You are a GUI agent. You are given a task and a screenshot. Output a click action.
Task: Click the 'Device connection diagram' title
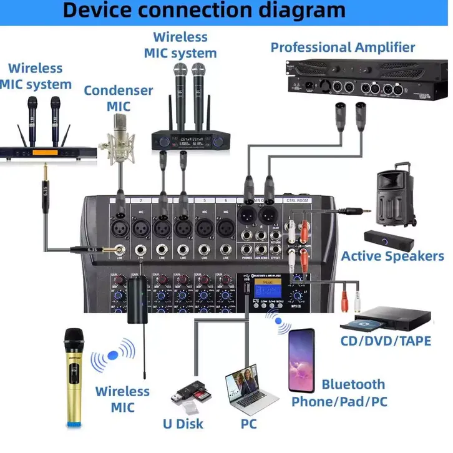tap(204, 11)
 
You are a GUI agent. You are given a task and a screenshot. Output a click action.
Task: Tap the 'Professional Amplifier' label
tap(343, 47)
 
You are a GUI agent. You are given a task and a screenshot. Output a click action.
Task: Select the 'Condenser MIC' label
tap(119, 97)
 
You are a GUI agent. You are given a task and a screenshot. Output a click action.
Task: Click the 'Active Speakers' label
tap(392, 256)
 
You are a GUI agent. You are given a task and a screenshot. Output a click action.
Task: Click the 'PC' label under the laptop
tap(248, 424)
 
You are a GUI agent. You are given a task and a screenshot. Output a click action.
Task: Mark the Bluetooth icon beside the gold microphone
tap(113, 355)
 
